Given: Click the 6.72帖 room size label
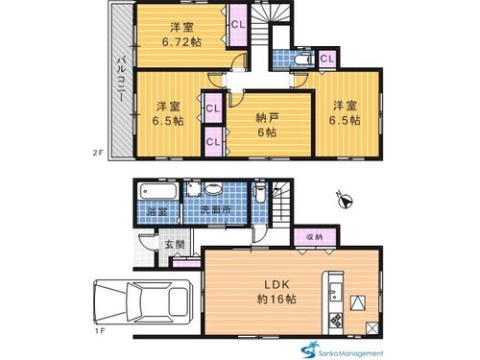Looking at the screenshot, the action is tap(181, 42).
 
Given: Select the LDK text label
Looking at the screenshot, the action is tap(276, 284).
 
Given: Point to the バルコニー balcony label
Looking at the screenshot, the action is tap(121, 79).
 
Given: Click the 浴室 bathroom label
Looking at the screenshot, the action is tap(157, 211).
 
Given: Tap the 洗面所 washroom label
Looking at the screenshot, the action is tap(215, 210).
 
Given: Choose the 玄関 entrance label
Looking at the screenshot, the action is tap(175, 245).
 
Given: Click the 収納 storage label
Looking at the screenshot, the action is tap(314, 237).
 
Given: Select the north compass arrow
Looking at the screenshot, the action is tap(346, 202).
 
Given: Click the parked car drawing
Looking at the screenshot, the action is tap(143, 302).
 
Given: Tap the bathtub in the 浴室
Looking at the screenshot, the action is tap(157, 191).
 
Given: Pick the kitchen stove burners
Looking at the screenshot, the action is tap(336, 320).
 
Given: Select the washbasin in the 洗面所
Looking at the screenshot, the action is tap(213, 189).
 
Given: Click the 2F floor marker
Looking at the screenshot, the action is tap(99, 153).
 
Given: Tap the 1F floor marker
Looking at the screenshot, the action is tap(100, 331).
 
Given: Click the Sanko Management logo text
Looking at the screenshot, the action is tap(350, 353).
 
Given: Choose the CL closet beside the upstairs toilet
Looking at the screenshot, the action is tap(327, 59).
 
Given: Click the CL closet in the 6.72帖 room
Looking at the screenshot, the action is tap(238, 25).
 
